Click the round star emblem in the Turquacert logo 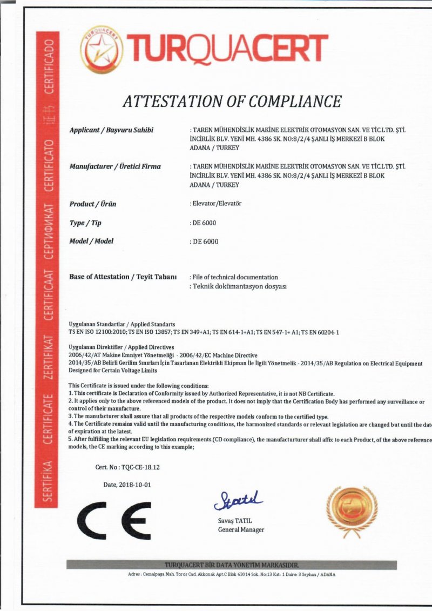[x=101, y=50]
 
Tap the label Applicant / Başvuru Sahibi [x=111, y=130]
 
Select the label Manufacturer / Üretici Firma [x=115, y=166]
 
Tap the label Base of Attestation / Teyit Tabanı [x=123, y=277]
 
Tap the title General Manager [x=241, y=530]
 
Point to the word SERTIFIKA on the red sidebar [x=47, y=481]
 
